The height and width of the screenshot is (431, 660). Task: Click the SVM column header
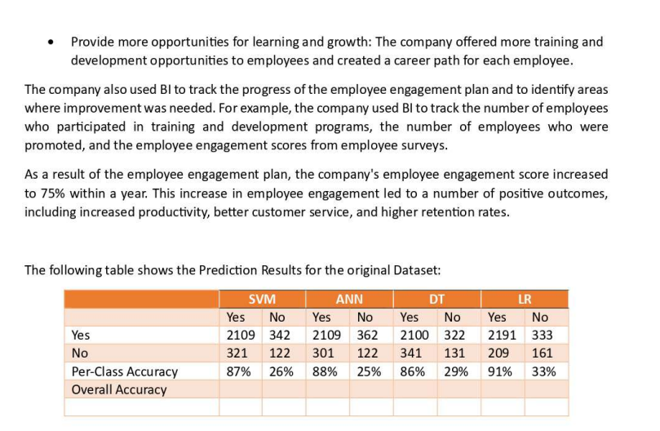point(263,299)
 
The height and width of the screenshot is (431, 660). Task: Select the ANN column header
point(349,299)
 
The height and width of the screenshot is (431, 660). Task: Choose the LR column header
point(524,299)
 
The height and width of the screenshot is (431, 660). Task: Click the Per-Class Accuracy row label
point(125,371)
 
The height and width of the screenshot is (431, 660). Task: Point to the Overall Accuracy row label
point(119,389)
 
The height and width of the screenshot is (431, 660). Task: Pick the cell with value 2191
point(502,335)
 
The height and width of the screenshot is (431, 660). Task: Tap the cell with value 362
point(368,335)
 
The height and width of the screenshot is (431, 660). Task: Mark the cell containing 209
point(498,353)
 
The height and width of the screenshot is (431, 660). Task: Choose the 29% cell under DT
point(455,371)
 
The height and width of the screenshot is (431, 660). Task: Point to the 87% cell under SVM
point(238,371)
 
